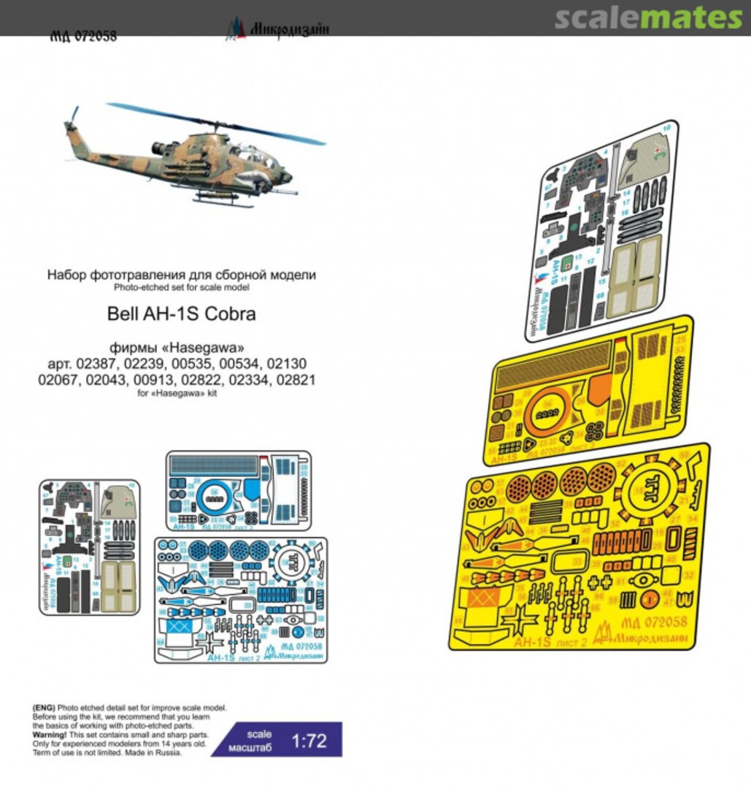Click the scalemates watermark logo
(648, 18)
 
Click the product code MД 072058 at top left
(83, 37)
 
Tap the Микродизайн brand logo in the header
(277, 30)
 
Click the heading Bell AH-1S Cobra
(182, 316)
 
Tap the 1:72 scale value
(309, 741)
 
